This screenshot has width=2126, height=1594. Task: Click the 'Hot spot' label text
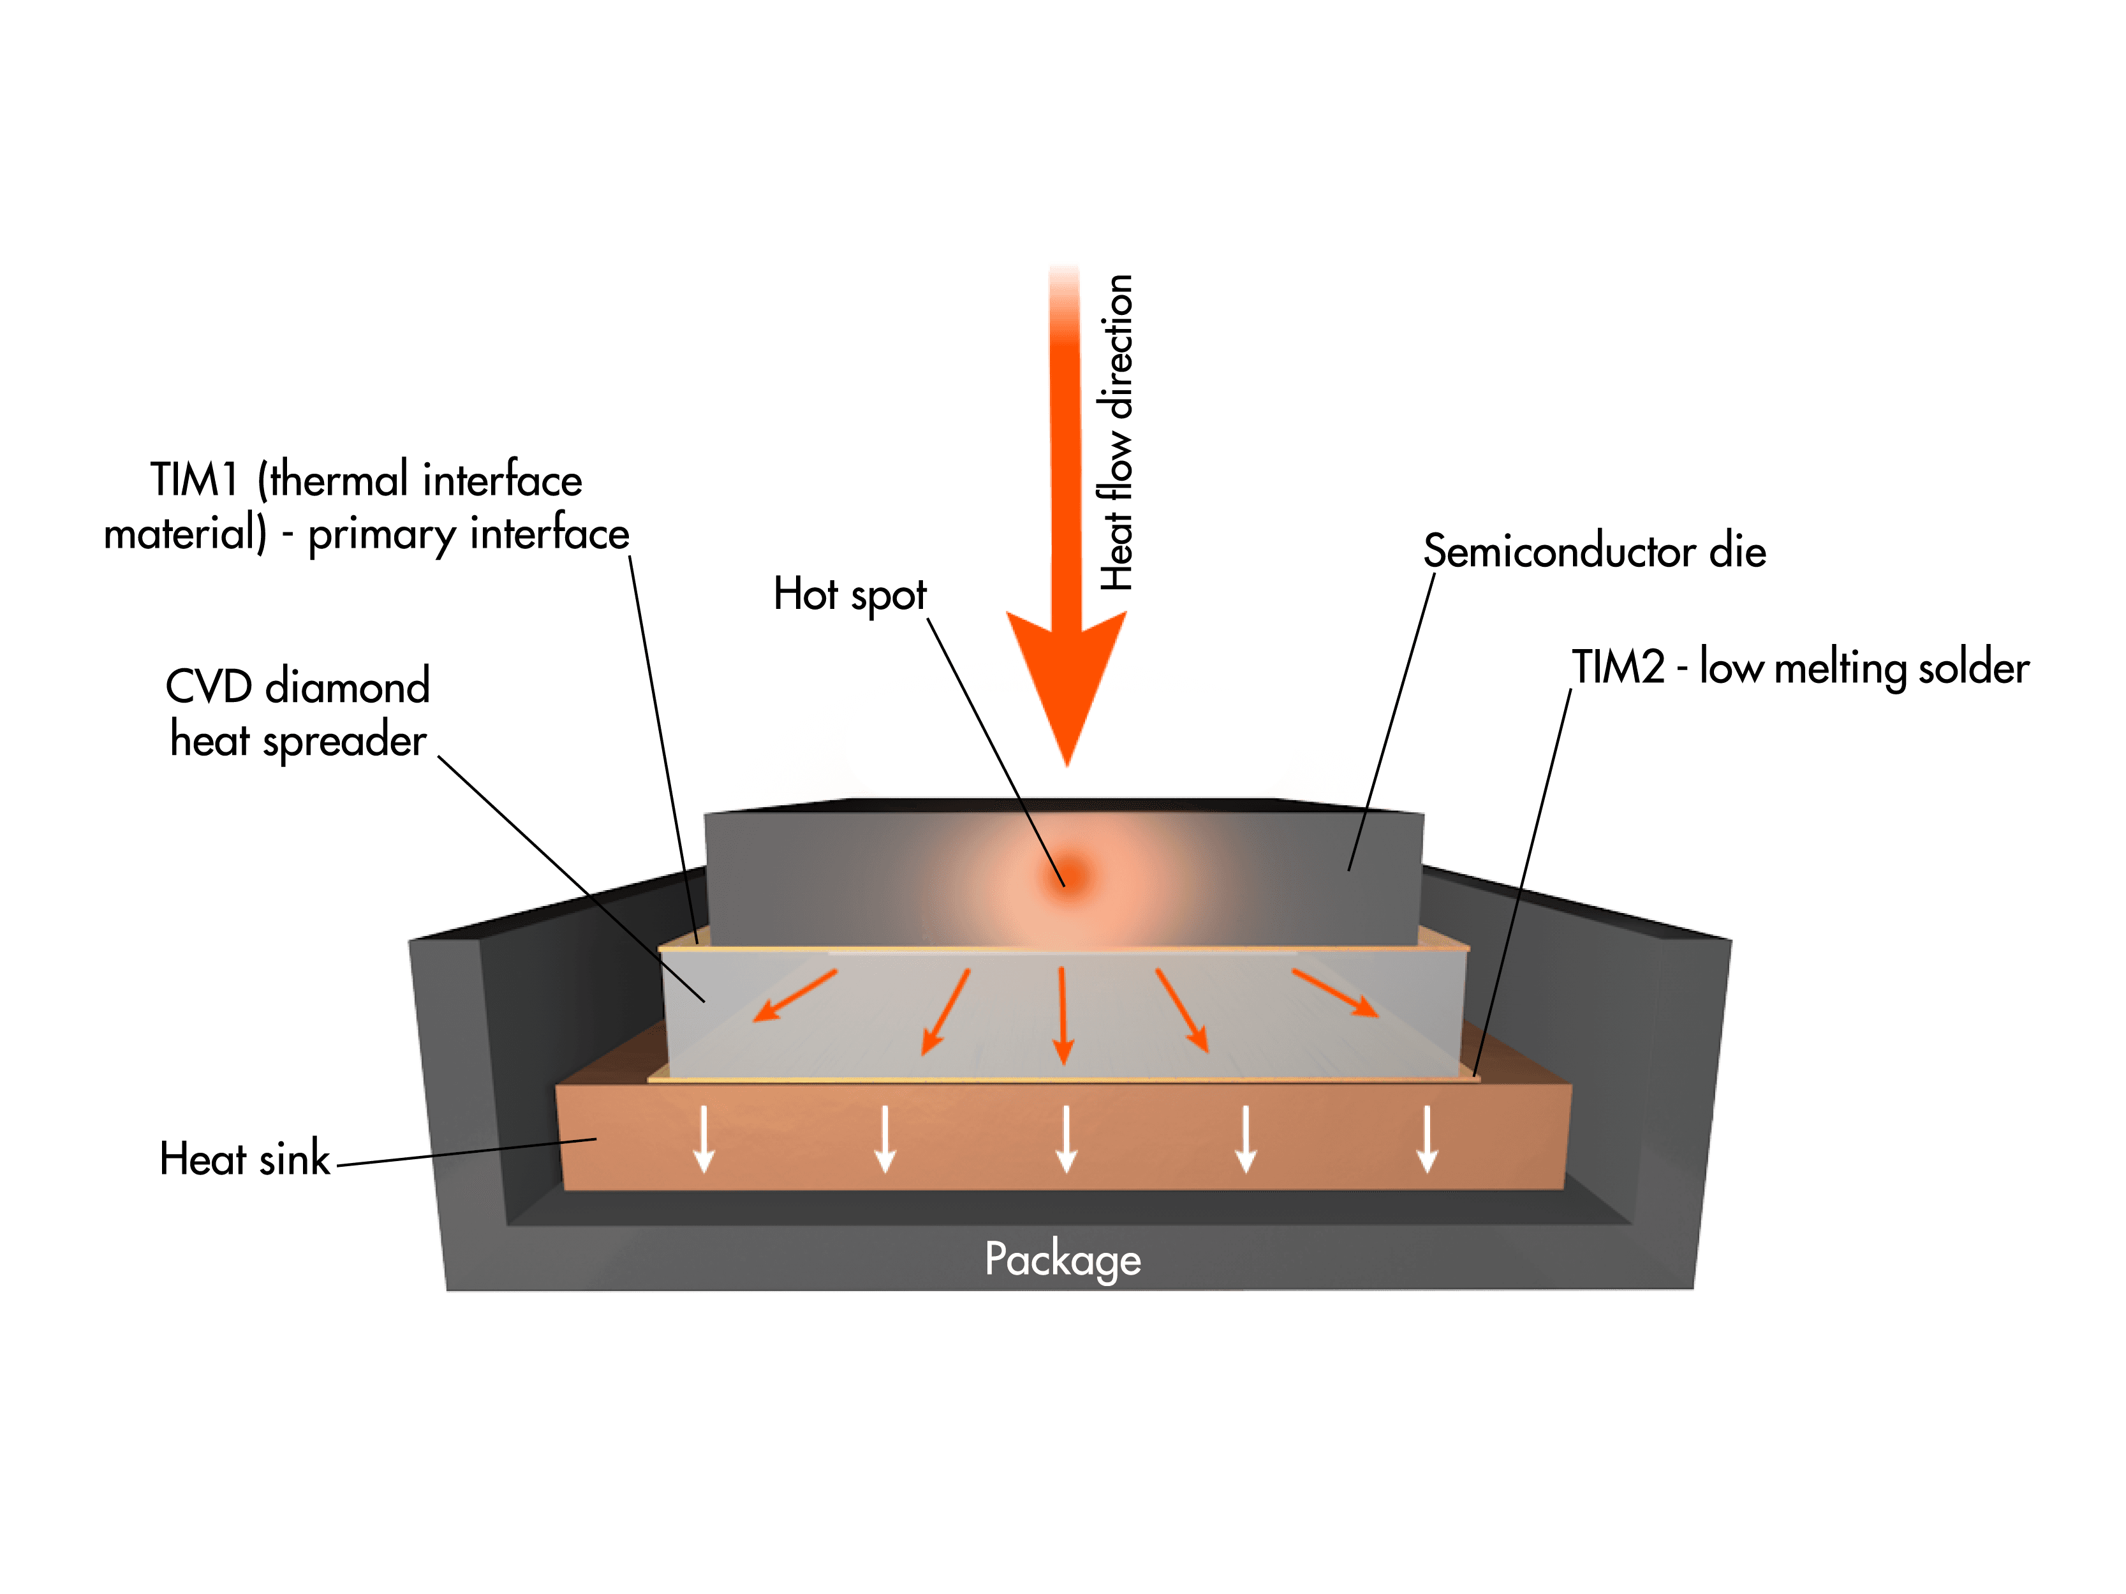[850, 595]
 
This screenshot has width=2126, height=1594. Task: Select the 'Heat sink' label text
[244, 1159]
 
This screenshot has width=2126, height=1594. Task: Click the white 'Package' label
[1062, 1259]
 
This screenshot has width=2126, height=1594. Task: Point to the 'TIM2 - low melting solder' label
[1799, 668]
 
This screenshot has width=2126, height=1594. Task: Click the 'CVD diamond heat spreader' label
[298, 713]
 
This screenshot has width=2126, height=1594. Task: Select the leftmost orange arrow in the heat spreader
[794, 995]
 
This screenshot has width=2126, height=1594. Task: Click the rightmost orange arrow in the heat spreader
[1336, 993]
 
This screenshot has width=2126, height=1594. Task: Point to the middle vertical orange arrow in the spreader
[1062, 1014]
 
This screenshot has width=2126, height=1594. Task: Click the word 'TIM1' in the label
[194, 479]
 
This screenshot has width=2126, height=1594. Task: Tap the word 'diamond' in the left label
[347, 687]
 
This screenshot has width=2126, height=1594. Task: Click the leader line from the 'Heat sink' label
[466, 1151]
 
